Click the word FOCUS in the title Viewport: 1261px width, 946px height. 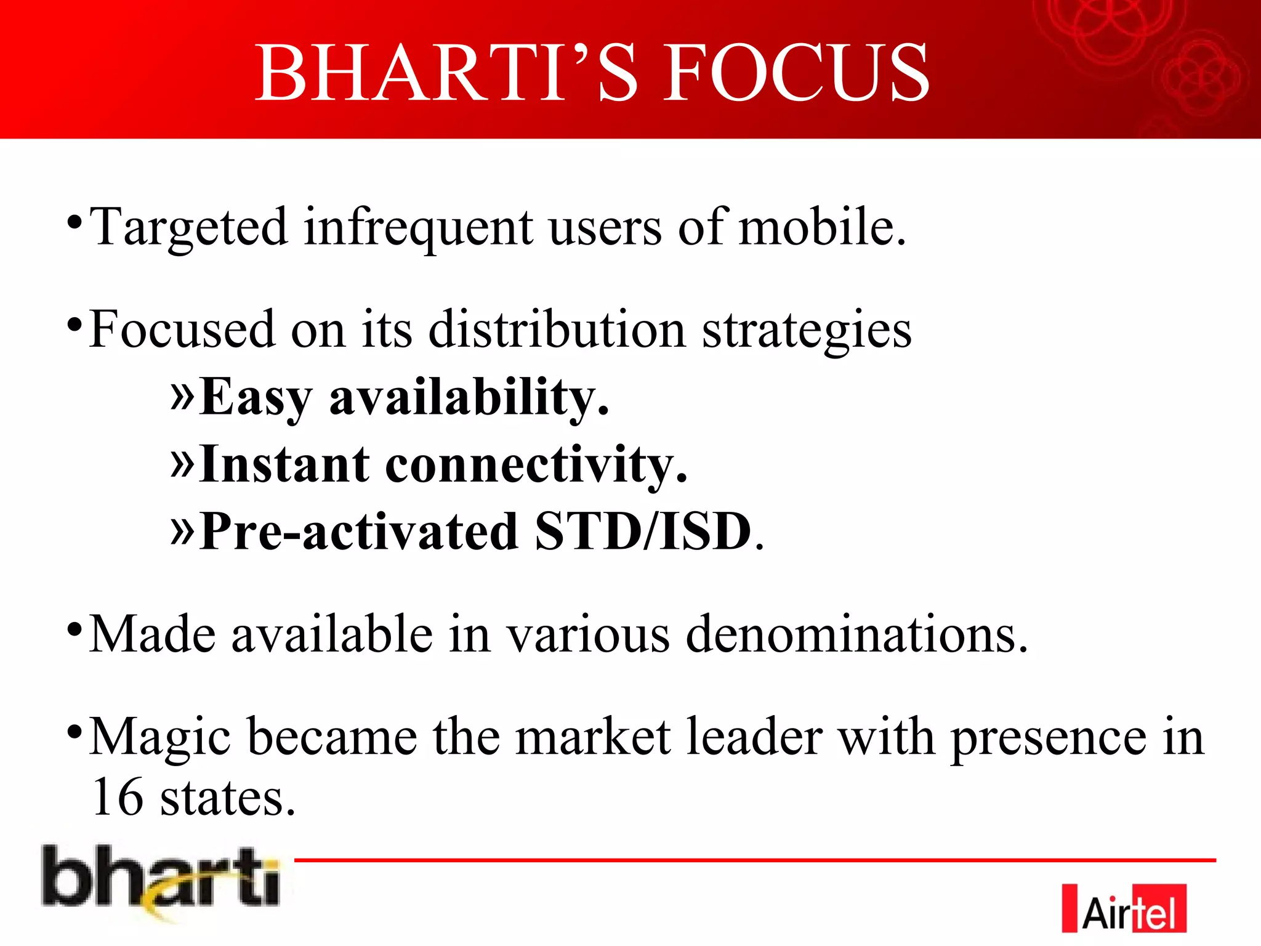point(796,74)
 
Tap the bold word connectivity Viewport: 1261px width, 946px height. point(535,466)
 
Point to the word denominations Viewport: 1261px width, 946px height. point(856,634)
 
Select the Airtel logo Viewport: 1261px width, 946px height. point(1123,908)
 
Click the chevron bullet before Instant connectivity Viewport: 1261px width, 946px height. point(182,463)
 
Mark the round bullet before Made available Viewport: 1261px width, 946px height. point(75,629)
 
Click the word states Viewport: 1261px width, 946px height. point(228,798)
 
